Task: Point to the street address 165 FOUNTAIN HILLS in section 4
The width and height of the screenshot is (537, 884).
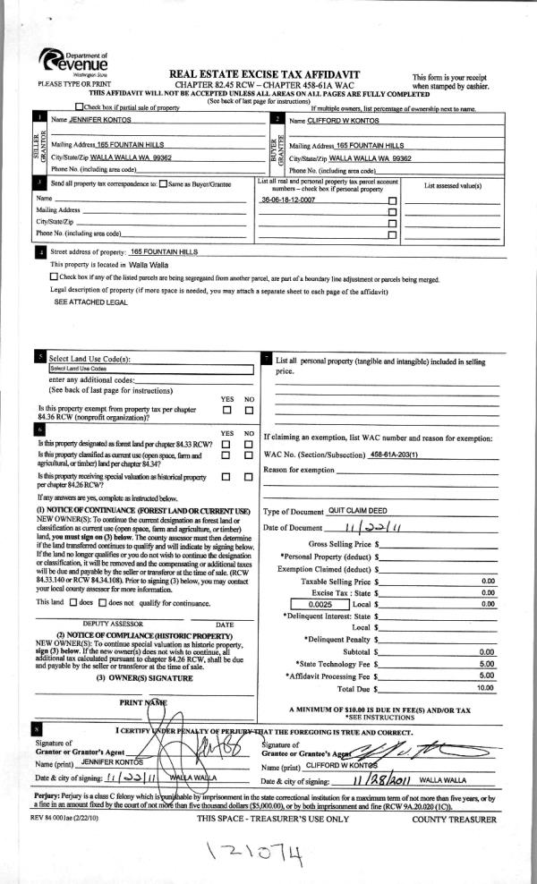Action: [x=164, y=252]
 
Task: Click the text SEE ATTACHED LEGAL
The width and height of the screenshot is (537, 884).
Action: [x=90, y=302]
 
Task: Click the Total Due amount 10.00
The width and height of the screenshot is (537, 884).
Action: [x=485, y=688]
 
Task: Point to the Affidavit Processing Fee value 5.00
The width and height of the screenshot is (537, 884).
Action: [x=487, y=676]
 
